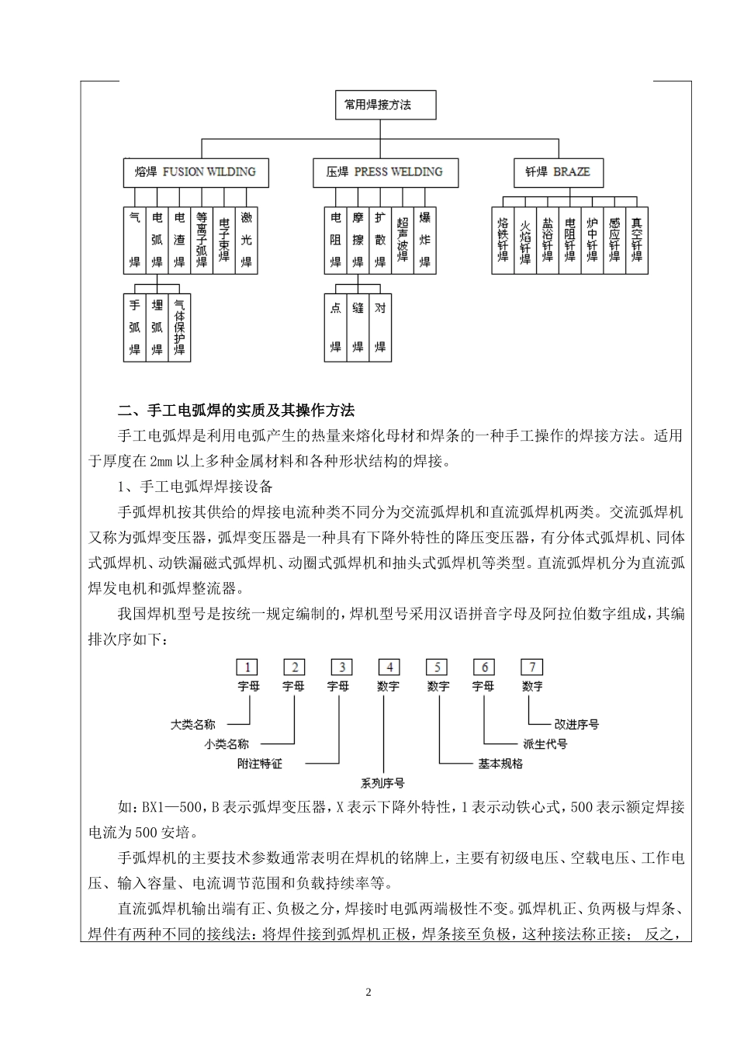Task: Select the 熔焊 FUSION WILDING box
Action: click(195, 172)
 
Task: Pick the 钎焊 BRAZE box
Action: click(558, 172)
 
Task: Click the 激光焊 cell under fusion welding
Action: click(246, 240)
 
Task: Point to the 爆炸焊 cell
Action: click(425, 240)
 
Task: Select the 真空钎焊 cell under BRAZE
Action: click(637, 240)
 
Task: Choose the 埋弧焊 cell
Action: click(157, 327)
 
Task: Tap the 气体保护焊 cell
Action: click(179, 327)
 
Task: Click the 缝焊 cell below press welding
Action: click(358, 327)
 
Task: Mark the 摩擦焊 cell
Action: click(358, 240)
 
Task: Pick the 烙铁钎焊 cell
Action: click(503, 240)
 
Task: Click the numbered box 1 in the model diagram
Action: click(247, 667)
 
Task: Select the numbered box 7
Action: click(531, 667)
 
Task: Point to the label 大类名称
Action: click(193, 724)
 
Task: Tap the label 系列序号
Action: click(382, 782)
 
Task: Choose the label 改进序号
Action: click(576, 724)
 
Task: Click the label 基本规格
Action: click(500, 763)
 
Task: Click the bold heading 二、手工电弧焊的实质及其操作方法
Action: click(236, 410)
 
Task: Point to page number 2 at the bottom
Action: click(368, 993)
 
